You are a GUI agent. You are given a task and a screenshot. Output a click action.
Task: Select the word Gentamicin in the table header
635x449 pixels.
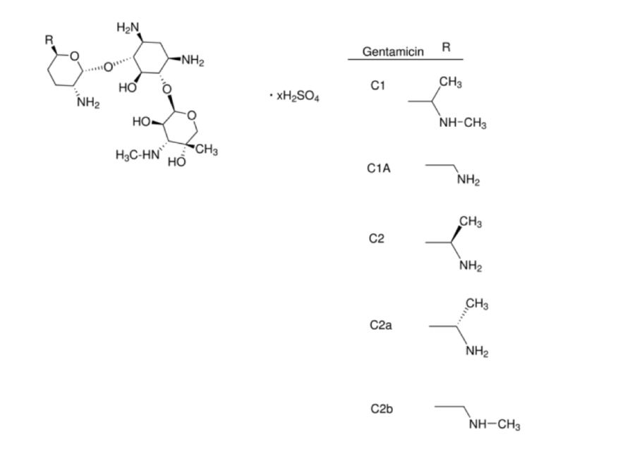[392, 51]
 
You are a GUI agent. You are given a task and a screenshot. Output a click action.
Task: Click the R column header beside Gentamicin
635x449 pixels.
[446, 47]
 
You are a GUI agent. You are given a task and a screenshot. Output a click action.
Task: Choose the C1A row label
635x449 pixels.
[379, 168]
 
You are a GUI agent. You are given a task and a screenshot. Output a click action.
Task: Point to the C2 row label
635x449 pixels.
[377, 239]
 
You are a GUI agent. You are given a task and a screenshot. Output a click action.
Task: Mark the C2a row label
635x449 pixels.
[380, 325]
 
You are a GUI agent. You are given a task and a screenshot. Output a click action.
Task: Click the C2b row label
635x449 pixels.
[380, 409]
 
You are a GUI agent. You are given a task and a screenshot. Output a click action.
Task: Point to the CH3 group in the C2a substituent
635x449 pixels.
[478, 305]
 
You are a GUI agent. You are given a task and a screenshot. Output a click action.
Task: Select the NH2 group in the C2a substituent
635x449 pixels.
[478, 350]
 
